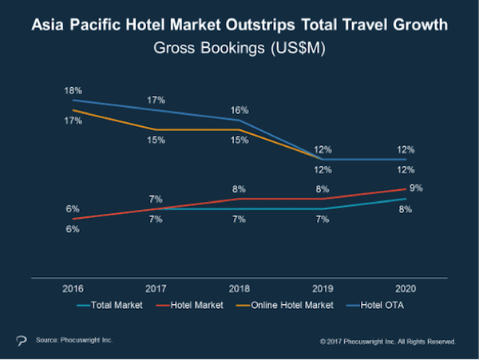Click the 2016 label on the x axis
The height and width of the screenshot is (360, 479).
tap(73, 288)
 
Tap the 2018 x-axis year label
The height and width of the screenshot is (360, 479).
tap(239, 288)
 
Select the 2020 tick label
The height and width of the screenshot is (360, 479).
tap(406, 288)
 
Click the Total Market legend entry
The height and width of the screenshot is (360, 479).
tap(109, 305)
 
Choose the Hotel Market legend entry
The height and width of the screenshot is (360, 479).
tap(189, 305)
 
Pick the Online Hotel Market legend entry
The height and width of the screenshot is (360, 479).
tap(285, 305)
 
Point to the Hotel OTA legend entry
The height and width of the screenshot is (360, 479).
tap(375, 305)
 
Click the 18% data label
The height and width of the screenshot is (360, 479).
tap(73, 91)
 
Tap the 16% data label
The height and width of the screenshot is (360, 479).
tap(239, 110)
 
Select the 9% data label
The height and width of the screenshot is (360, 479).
tap(416, 188)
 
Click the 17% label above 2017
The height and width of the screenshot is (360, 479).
tap(156, 100)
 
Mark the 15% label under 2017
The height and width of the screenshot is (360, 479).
tap(156, 140)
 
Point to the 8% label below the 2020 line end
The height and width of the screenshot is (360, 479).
tap(406, 209)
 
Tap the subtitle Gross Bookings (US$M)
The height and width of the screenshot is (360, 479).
tap(239, 48)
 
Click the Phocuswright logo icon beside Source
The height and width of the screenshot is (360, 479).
tap(21, 341)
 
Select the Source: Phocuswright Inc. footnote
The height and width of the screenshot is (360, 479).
tap(74, 340)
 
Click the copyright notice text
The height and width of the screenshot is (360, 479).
tap(388, 342)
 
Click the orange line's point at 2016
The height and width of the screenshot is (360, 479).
tap(73, 110)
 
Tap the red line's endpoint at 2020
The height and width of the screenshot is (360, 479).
tap(406, 189)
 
